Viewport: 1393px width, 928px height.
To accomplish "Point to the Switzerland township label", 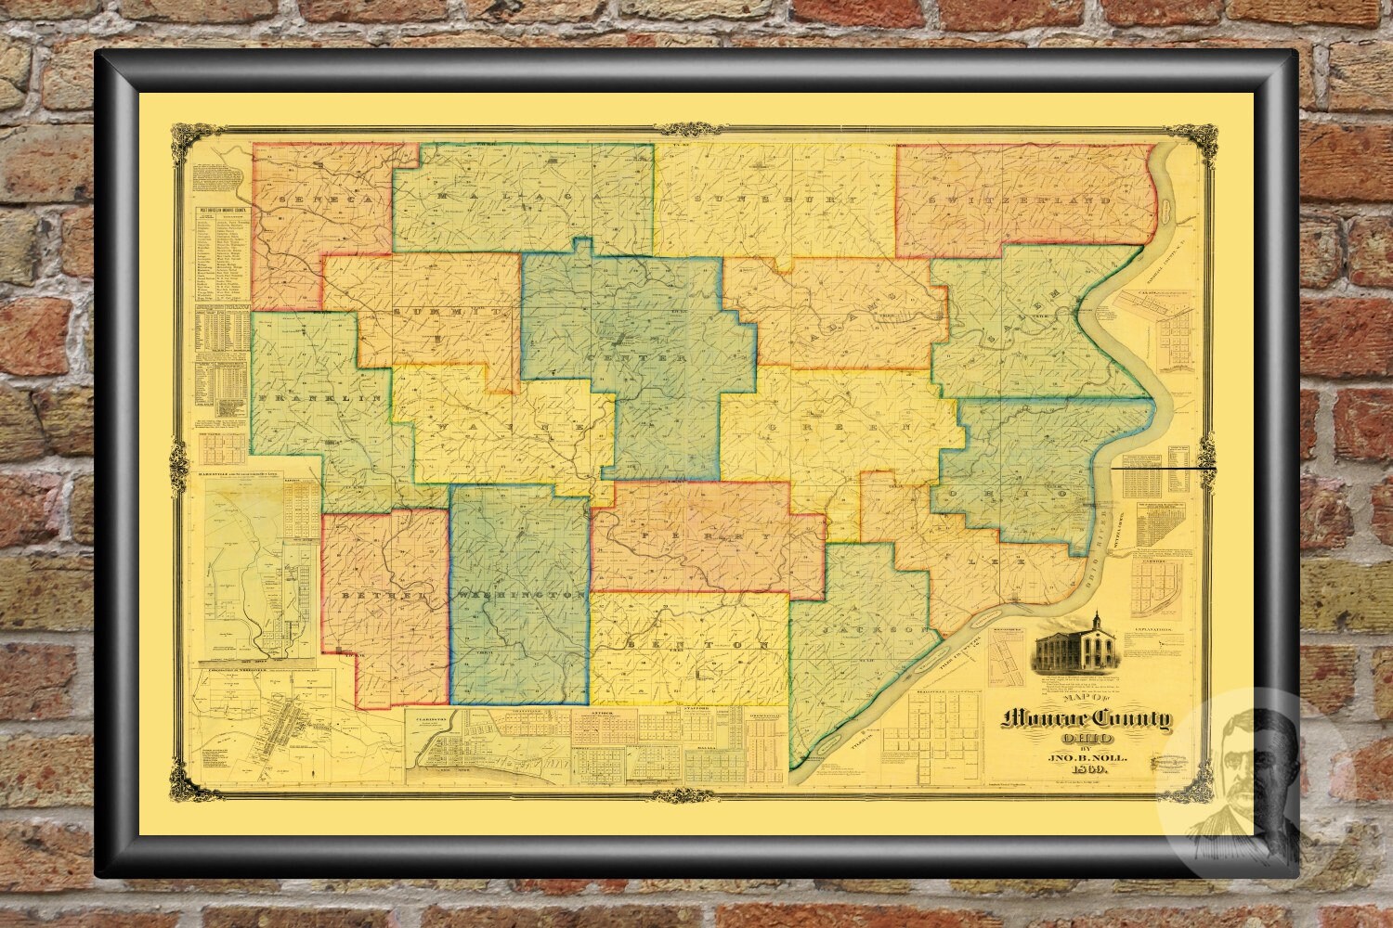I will tap(1020, 200).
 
